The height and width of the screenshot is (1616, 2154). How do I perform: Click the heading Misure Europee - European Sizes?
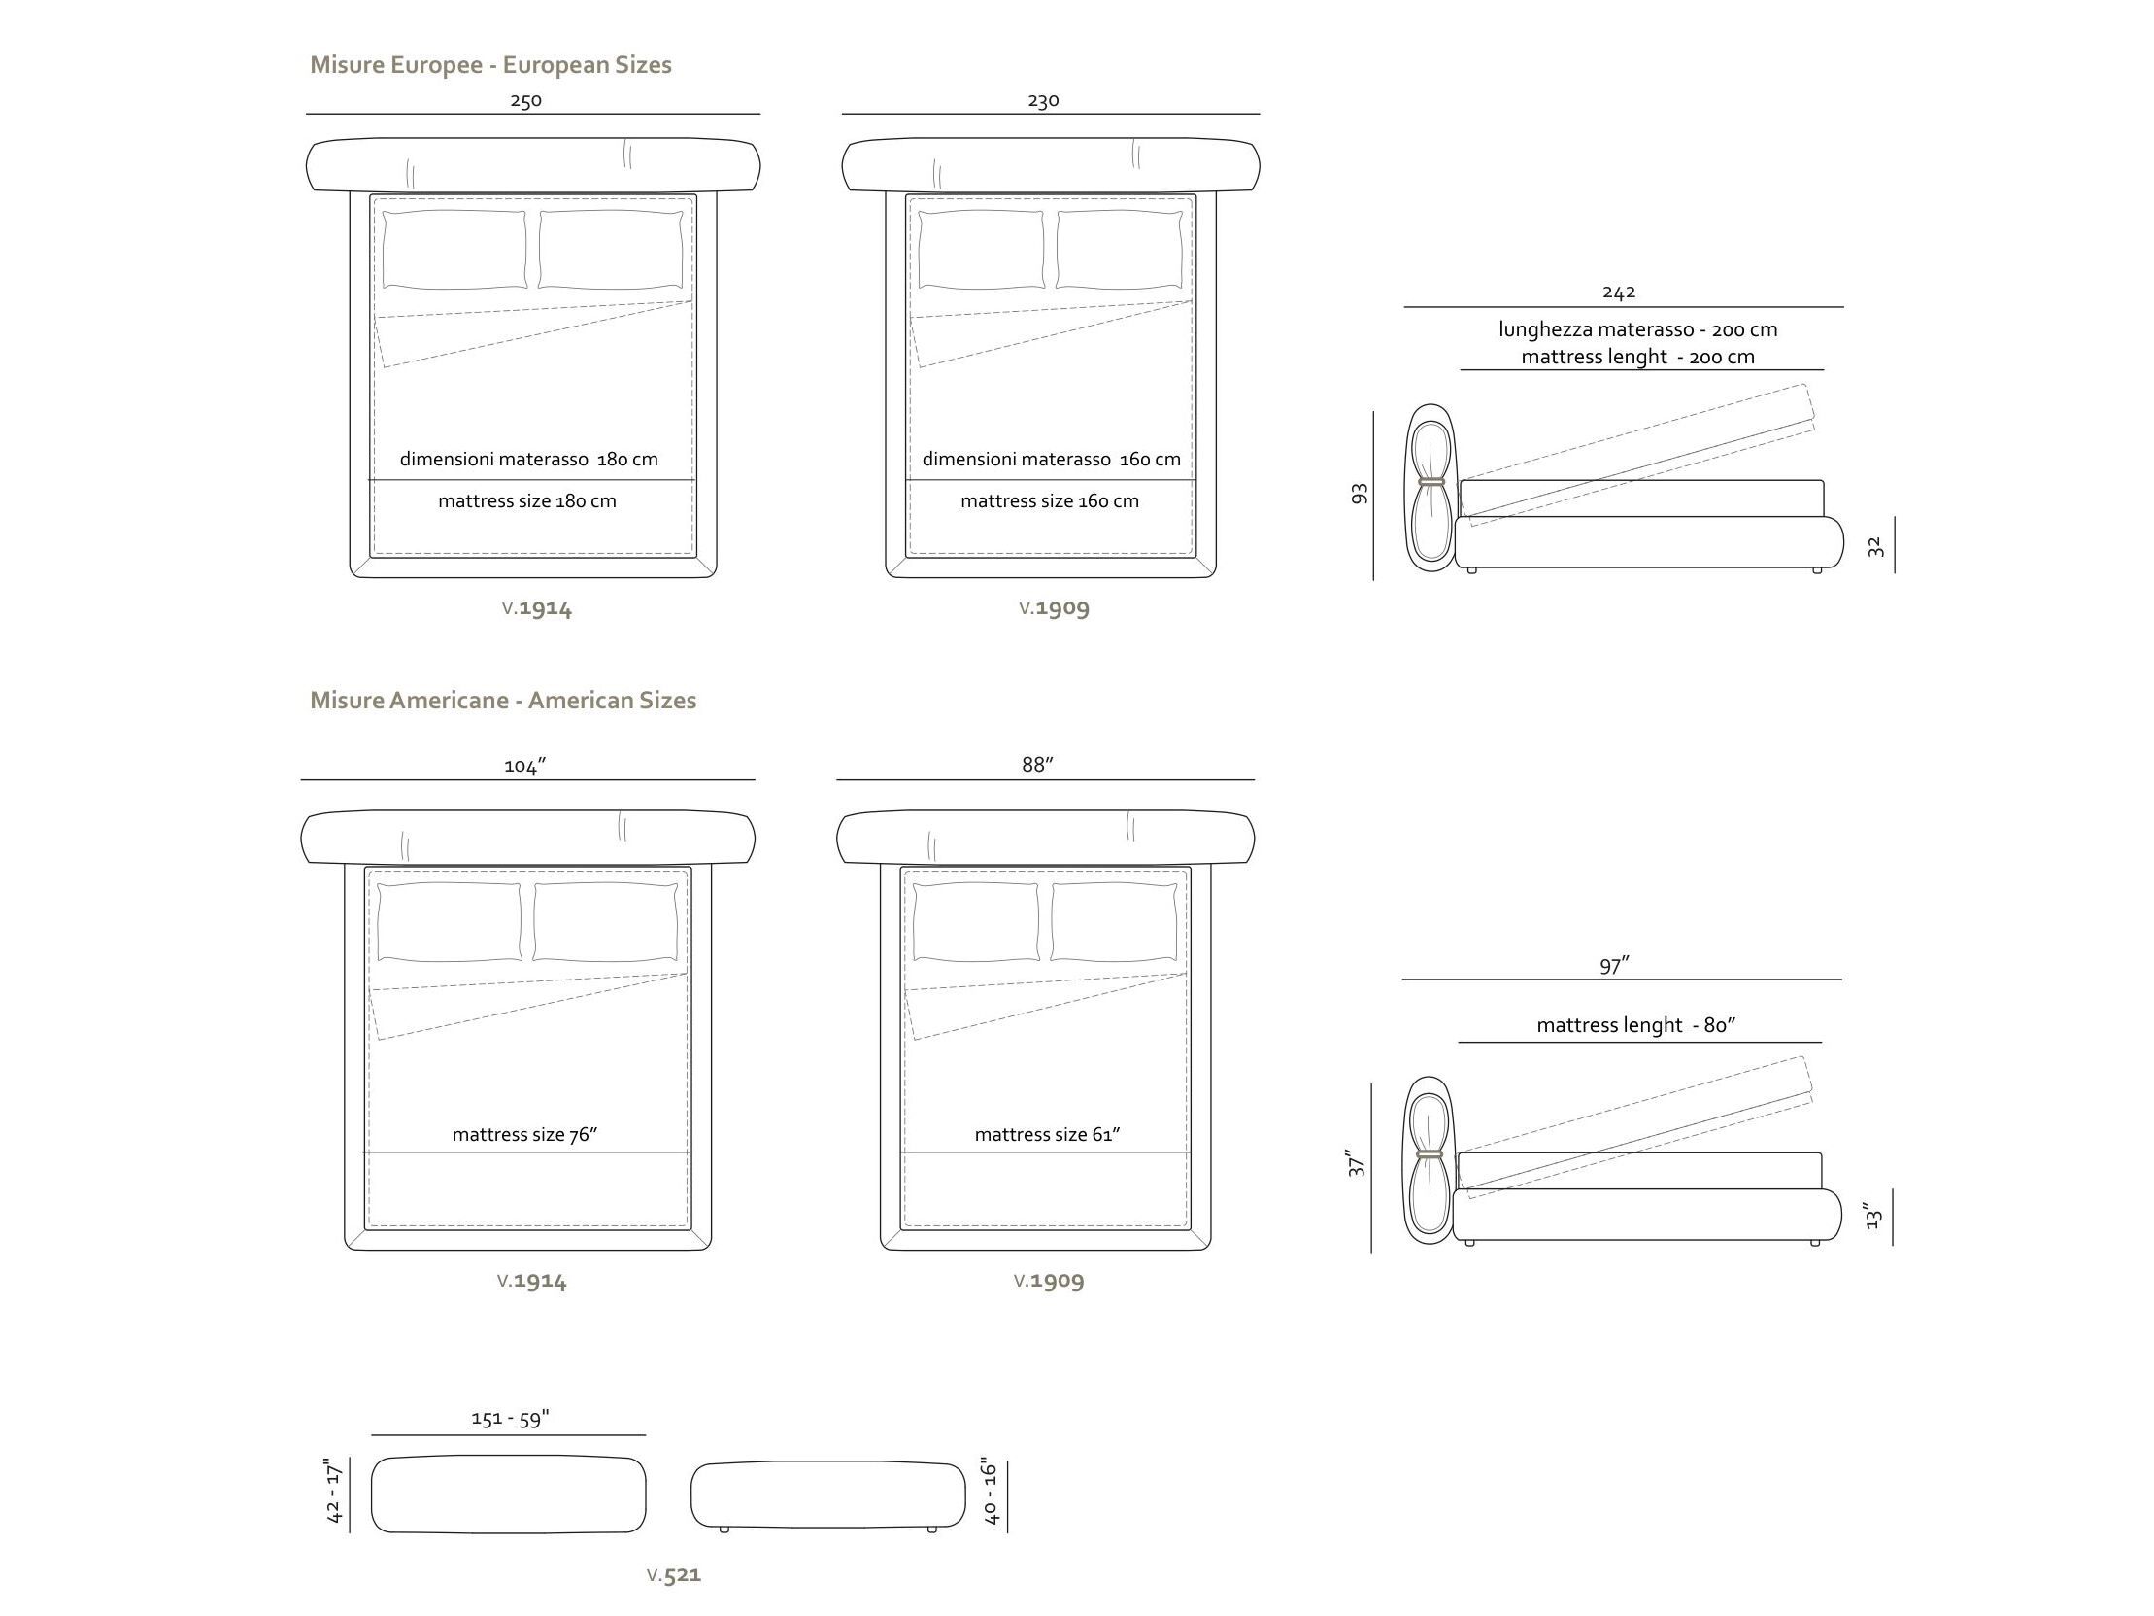pyautogui.click(x=490, y=65)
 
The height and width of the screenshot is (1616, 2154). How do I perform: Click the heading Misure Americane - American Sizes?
pyautogui.click(x=503, y=701)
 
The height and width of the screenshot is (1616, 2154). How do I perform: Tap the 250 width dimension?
pyautogui.click(x=525, y=100)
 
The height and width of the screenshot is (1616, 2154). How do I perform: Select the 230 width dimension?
pyautogui.click(x=1043, y=100)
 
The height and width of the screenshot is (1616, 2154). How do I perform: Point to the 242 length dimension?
pyautogui.click(x=1619, y=292)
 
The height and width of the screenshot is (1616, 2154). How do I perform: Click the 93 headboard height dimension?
pyautogui.click(x=1361, y=494)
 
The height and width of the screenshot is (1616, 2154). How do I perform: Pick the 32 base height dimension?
pyautogui.click(x=1876, y=547)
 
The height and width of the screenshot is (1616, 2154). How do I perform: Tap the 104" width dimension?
pyautogui.click(x=524, y=766)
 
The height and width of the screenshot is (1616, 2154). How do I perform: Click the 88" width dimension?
pyautogui.click(x=1038, y=765)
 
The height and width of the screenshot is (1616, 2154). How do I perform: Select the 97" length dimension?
pyautogui.click(x=1614, y=965)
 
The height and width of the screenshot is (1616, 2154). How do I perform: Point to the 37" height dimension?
pyautogui.click(x=1357, y=1161)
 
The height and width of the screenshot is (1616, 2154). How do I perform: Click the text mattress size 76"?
pyautogui.click(x=524, y=1134)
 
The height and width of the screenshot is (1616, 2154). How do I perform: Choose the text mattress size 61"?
pyautogui.click(x=1047, y=1134)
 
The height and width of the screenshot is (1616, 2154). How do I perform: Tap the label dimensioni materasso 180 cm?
pyautogui.click(x=528, y=459)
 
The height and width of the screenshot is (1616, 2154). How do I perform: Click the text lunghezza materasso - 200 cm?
pyautogui.click(x=1638, y=329)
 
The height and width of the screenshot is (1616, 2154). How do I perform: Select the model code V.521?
pyautogui.click(x=674, y=1574)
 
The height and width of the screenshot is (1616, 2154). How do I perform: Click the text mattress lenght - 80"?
pyautogui.click(x=1636, y=1025)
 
